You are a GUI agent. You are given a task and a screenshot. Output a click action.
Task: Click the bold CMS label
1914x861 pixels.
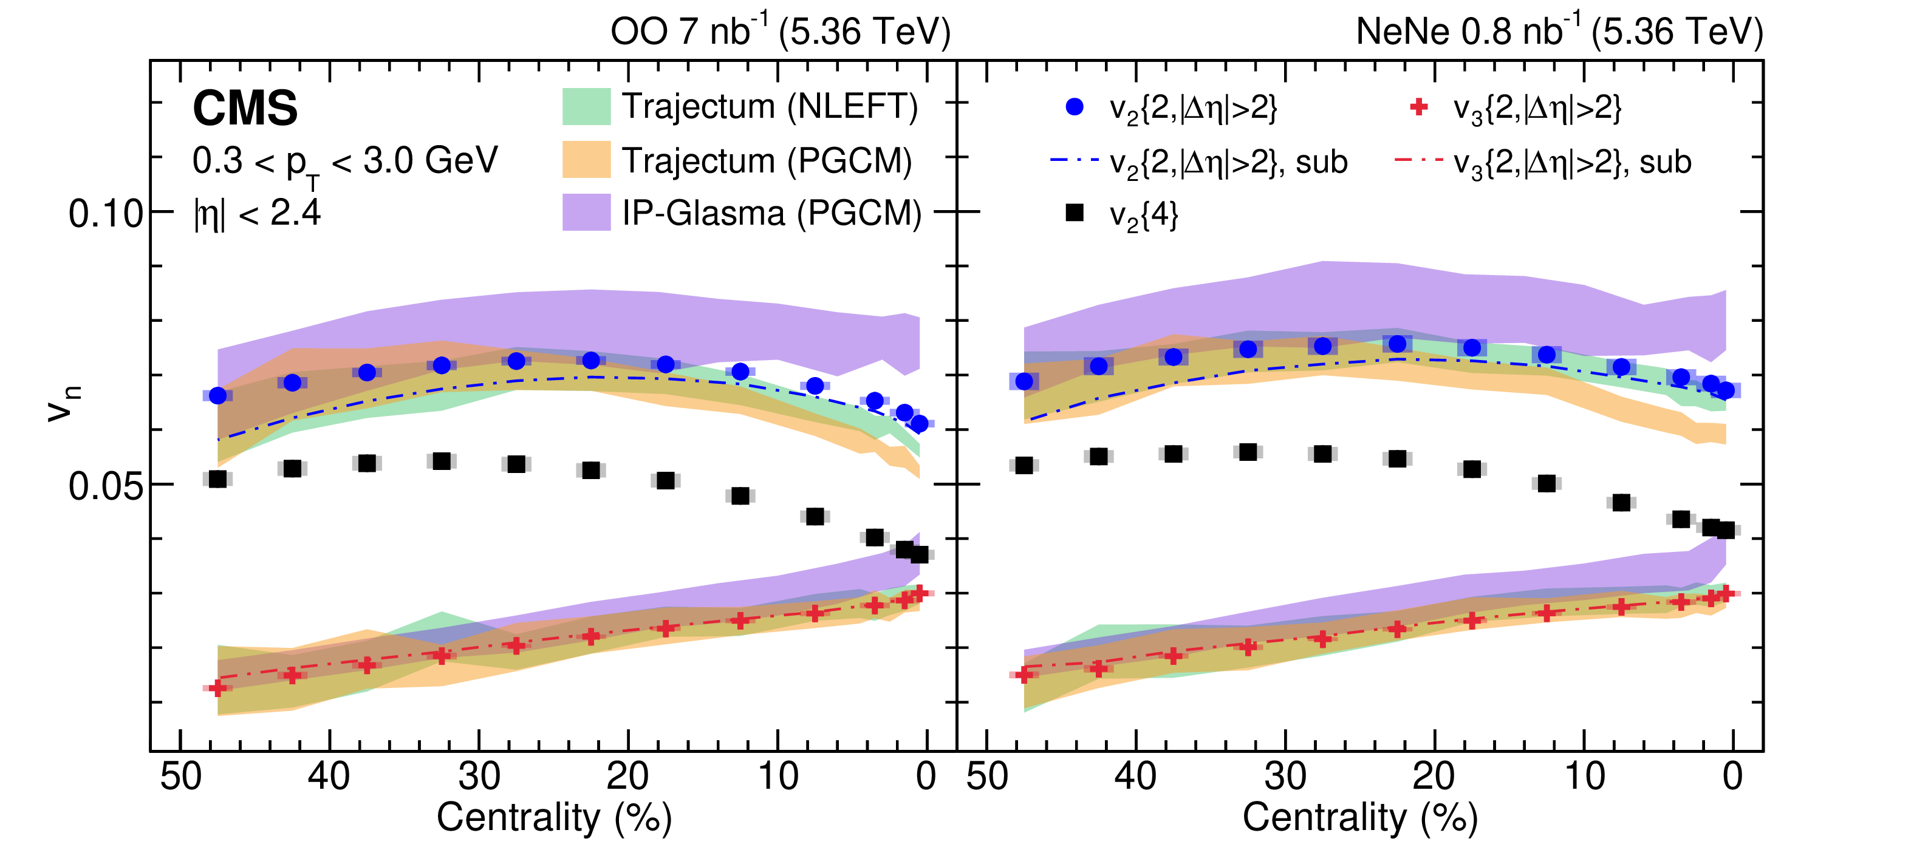(245, 109)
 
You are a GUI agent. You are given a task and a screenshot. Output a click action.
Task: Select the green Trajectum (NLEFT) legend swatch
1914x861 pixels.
(586, 106)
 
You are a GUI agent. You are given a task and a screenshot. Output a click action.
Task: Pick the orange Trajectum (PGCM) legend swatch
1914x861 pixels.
(586, 160)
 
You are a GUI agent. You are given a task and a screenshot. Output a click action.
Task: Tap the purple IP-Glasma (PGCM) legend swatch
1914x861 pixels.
(586, 213)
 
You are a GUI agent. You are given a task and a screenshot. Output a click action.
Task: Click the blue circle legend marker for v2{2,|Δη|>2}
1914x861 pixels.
(1075, 107)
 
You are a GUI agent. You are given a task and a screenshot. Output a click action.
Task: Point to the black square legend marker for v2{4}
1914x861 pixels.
(1075, 213)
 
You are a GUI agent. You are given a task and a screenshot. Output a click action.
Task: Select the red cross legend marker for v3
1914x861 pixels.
(1419, 107)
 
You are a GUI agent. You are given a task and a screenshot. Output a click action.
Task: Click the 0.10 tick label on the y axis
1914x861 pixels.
(106, 214)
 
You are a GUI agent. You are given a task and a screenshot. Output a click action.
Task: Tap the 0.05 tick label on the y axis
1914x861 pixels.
(106, 486)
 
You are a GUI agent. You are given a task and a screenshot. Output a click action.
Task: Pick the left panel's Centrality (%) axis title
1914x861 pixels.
(555, 817)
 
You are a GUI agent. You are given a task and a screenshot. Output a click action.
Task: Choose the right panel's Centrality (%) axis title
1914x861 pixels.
(1361, 817)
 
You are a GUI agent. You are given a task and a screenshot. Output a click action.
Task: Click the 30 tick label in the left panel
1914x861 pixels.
(479, 777)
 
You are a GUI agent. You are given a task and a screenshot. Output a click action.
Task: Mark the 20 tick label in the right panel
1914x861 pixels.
(1434, 777)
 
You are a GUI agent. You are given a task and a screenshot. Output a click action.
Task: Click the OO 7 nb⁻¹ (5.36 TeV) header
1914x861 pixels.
(780, 32)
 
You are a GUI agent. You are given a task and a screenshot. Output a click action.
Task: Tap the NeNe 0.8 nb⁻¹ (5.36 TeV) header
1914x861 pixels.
(1559, 32)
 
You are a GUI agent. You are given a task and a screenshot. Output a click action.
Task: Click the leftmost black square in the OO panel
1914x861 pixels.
(217, 479)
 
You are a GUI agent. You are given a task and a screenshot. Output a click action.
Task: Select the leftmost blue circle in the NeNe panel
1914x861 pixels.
(1024, 381)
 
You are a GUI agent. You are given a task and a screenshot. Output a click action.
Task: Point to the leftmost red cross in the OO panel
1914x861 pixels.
(217, 688)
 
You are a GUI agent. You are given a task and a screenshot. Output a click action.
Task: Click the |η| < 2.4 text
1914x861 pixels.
(257, 214)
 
